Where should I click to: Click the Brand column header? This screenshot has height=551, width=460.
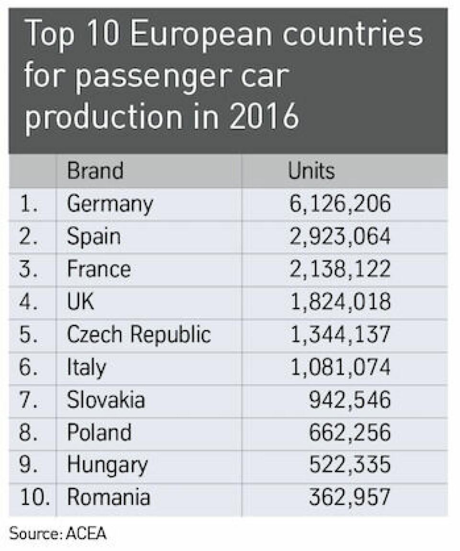click(95, 171)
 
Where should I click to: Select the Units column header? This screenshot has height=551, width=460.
click(311, 171)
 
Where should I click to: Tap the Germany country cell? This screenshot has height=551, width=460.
click(110, 205)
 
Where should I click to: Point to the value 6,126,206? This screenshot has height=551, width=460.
click(340, 204)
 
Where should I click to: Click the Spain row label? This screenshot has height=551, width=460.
click(93, 237)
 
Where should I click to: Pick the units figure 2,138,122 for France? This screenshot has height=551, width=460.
click(340, 269)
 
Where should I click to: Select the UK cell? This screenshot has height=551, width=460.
click(80, 302)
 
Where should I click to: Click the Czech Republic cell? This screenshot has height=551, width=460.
click(138, 335)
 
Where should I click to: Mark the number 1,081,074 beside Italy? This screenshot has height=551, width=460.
click(340, 367)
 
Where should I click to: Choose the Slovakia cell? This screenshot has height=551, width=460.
click(105, 400)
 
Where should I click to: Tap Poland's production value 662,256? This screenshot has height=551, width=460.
click(350, 433)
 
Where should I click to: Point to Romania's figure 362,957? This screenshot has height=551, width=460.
click(350, 498)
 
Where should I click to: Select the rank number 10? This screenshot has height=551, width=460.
click(34, 498)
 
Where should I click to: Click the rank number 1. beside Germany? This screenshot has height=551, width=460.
click(30, 204)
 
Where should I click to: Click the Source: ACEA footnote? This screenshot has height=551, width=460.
click(57, 533)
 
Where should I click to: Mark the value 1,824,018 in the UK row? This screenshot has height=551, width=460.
click(340, 302)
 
